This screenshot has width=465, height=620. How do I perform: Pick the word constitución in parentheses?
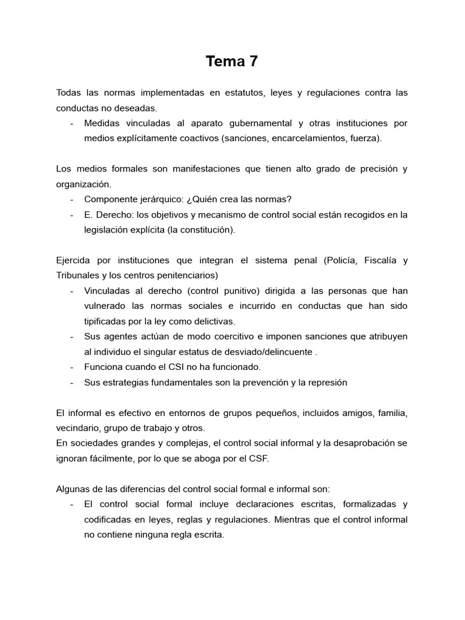click(201, 229)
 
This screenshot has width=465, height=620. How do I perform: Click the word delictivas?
click(213, 321)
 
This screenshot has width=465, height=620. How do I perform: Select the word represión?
click(327, 382)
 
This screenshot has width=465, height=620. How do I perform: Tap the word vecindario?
click(76, 427)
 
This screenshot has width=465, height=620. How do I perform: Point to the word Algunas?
click(73, 489)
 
